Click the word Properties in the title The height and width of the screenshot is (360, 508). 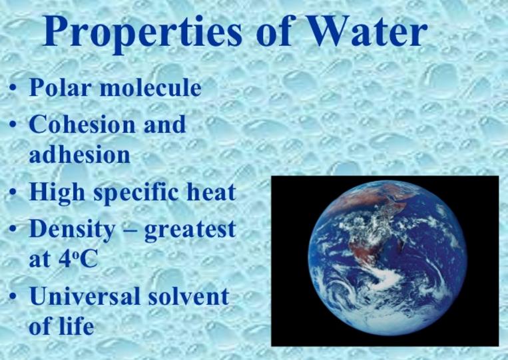click(x=142, y=33)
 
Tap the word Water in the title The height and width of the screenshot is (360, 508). click(x=366, y=31)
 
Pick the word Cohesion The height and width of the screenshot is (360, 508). click(x=82, y=124)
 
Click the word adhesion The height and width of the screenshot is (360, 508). click(x=80, y=154)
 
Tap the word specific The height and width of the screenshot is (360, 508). click(x=136, y=193)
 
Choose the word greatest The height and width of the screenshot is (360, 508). click(x=190, y=230)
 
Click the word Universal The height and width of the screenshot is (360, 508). click(x=85, y=296)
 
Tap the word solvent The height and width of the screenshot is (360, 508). click(x=189, y=295)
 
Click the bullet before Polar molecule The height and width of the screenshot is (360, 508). click(x=12, y=88)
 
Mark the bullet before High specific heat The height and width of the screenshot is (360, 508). click(x=12, y=192)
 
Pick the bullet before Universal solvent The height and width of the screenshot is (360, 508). click(x=12, y=296)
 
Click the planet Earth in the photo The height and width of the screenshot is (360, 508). click(x=387, y=258)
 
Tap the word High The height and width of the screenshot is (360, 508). click(x=57, y=193)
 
